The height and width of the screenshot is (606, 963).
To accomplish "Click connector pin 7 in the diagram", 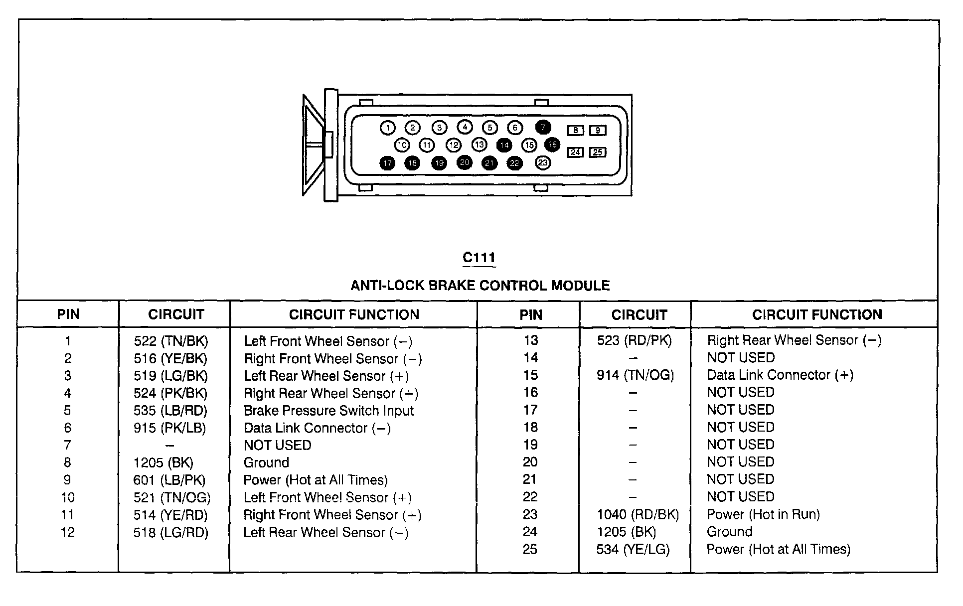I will (x=543, y=128).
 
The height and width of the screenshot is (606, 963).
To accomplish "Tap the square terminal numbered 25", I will (x=598, y=152).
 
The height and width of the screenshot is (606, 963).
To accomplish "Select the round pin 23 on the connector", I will (x=543, y=162).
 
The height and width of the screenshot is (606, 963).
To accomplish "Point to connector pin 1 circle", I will (x=387, y=128).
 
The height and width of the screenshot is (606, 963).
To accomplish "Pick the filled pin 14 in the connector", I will (x=504, y=145).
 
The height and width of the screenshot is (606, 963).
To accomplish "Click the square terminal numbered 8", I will (x=575, y=131).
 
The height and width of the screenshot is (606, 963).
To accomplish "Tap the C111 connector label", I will (x=479, y=258).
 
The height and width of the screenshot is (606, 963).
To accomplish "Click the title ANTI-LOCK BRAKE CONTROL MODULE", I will (x=480, y=286).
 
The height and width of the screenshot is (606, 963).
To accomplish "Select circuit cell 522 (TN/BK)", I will (x=171, y=341).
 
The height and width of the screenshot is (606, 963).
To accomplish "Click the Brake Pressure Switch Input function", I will (x=328, y=411).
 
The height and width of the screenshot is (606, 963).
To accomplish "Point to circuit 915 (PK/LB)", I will (x=169, y=428).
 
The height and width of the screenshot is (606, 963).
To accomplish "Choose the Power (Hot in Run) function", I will (x=763, y=514).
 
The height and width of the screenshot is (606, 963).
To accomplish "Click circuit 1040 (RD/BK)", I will (x=638, y=514).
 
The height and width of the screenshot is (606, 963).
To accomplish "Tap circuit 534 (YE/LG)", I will (x=633, y=549).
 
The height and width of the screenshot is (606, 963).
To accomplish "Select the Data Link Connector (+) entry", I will (x=780, y=375).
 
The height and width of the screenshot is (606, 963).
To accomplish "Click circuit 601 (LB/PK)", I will (x=169, y=480).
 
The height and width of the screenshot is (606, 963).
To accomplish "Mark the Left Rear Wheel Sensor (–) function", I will (x=326, y=532).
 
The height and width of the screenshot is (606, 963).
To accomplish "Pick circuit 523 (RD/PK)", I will (x=635, y=340).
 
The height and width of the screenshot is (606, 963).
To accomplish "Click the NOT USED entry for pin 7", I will (x=277, y=445).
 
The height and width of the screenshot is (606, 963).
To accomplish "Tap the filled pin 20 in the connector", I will (x=465, y=162).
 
